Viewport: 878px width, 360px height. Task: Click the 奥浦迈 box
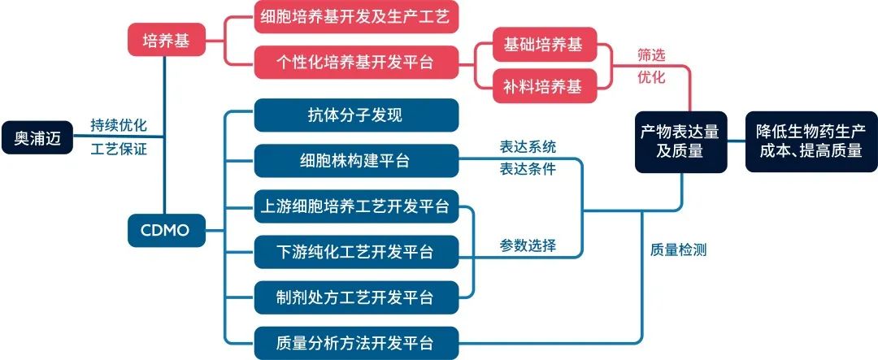37,138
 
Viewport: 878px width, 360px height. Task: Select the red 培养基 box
166,41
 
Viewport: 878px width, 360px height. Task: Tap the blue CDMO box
166,231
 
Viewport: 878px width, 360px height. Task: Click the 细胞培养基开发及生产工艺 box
356,16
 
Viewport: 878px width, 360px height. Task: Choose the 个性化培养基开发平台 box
356,62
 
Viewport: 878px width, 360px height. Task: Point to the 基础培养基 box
544,45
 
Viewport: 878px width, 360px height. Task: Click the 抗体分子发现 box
356,115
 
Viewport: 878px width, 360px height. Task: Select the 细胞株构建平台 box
356,161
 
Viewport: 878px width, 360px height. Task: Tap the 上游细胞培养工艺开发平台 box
356,206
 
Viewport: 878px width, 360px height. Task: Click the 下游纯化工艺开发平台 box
356,252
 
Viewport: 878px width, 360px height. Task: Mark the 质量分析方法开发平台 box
356,341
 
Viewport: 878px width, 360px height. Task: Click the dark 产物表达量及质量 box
683,141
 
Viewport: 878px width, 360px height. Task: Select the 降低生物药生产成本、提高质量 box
811,141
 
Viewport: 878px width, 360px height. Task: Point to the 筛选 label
651,57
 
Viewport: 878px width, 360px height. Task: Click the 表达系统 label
528,148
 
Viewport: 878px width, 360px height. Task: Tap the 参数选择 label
528,245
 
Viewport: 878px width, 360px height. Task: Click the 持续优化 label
118,126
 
